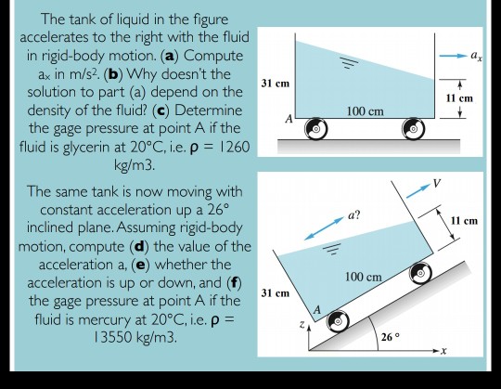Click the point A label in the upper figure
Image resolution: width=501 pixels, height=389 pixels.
(x=287, y=121)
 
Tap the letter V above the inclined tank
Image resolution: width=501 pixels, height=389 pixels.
(x=436, y=183)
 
